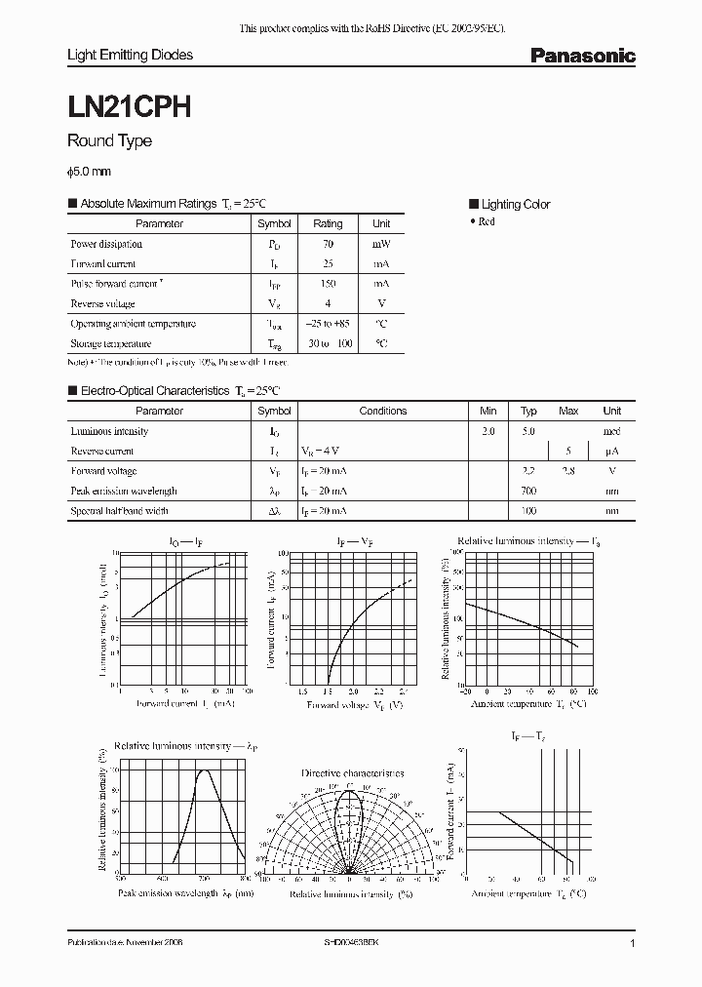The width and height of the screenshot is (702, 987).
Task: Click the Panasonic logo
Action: [582, 57]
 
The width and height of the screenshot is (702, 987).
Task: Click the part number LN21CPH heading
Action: [128, 105]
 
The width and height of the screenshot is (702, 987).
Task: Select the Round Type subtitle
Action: [108, 141]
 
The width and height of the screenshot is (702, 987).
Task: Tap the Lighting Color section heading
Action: [515, 204]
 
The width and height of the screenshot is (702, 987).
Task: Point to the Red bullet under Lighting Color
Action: [485, 221]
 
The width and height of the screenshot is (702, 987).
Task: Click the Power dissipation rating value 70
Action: [328, 244]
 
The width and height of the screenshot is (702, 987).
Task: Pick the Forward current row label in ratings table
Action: [103, 263]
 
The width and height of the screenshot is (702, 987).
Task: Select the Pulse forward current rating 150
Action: [328, 284]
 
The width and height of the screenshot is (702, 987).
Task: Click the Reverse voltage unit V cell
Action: [381, 303]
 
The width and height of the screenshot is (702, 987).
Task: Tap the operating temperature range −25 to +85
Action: [328, 324]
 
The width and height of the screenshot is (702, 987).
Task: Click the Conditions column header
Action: [382, 411]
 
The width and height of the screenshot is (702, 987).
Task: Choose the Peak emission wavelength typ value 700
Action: [528, 491]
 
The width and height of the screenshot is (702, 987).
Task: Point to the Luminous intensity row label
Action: [109, 431]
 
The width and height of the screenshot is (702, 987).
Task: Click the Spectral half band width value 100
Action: [528, 511]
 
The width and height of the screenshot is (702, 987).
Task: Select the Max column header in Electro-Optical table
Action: [568, 411]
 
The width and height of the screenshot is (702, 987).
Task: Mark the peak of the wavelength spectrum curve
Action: [206, 770]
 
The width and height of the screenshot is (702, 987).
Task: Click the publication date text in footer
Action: [125, 944]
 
